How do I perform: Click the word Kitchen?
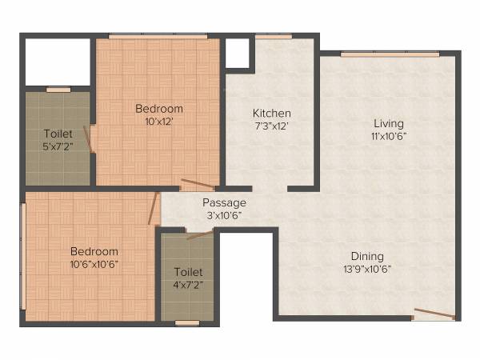271,114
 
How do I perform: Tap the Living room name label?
389,123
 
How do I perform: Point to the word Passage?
224,202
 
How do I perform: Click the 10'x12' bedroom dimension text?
158,122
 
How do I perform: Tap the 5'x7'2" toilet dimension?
58,147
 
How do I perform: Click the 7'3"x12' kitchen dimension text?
271,126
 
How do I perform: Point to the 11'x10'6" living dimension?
389,136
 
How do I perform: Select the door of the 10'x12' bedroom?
196,186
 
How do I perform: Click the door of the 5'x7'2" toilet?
93,142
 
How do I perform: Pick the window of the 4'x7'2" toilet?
187,322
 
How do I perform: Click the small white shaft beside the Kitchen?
237,53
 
